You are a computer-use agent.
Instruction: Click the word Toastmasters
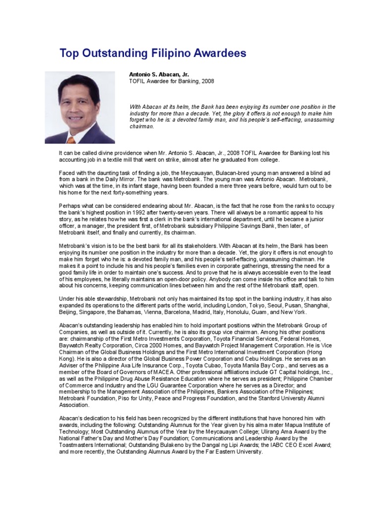(78, 446)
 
